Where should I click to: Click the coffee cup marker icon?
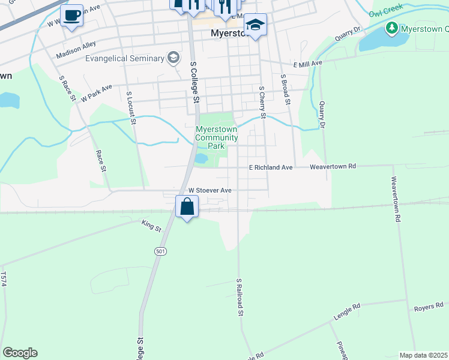coord(72,16)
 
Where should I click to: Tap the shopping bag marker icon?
coord(187,207)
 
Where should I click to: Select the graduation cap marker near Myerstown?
coord(255,25)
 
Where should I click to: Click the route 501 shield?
coord(159,250)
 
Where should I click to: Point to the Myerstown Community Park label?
coord(217,137)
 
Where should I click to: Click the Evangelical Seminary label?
coord(124,58)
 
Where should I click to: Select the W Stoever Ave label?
coord(209,190)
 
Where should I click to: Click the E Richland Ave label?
coord(271,167)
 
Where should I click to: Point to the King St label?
coord(151,227)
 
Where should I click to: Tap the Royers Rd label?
coord(428,308)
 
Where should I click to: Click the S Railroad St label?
coord(240,297)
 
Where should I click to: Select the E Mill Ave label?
coord(308,63)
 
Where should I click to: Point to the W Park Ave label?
coord(97,93)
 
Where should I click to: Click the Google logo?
coord(20,353)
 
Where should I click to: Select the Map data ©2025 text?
coord(424,355)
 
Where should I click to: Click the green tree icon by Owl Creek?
coord(391,28)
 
